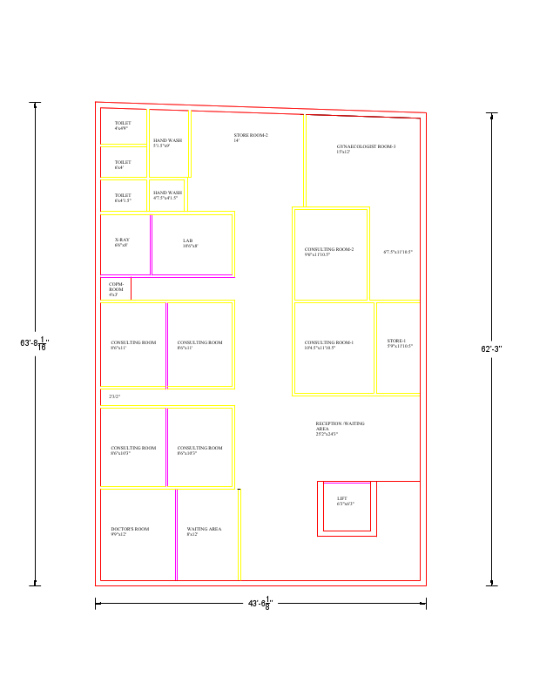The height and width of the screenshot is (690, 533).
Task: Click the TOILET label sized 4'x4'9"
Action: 122,125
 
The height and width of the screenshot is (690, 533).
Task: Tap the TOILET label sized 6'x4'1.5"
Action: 123,197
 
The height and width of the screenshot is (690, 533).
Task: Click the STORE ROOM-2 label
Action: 251,137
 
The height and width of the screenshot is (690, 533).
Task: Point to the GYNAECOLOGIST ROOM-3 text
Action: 366,148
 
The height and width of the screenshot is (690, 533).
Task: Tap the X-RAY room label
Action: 122,241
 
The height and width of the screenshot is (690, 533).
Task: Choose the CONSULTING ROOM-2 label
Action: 329,251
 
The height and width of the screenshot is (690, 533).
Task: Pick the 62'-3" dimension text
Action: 491,349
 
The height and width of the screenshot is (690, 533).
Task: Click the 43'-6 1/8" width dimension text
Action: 260,603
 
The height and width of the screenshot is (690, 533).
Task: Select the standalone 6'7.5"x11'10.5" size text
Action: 398,252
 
